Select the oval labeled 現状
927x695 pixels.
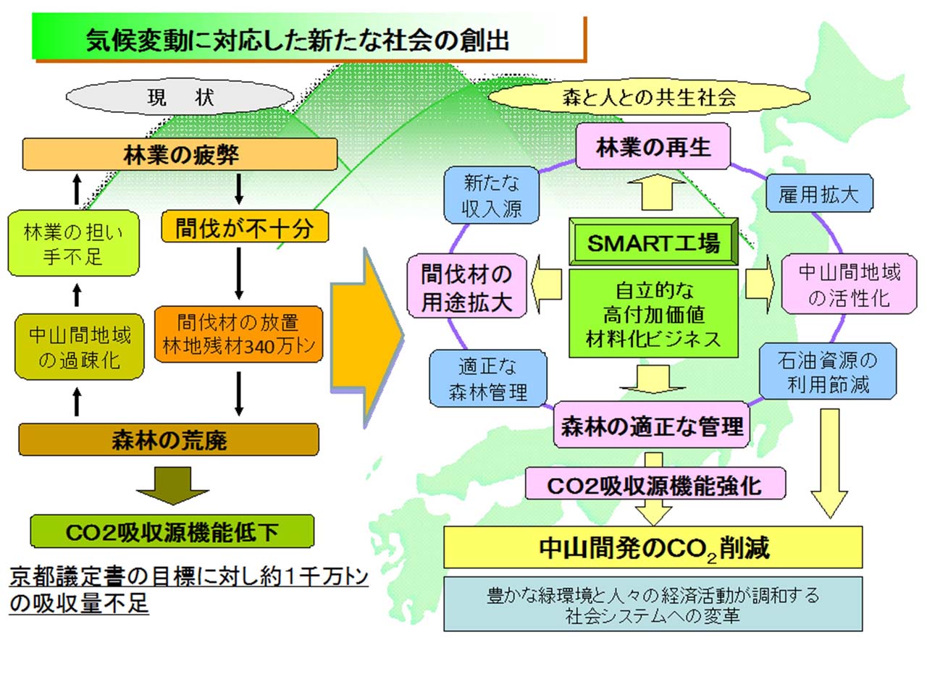[180, 97]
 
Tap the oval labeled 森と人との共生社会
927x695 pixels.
[649, 97]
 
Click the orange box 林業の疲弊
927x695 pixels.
[180, 154]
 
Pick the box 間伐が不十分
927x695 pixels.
[244, 227]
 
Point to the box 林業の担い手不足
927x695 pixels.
[73, 244]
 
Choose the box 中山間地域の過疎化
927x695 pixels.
[80, 347]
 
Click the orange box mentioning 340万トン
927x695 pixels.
[238, 334]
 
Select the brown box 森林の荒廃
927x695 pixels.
[169, 439]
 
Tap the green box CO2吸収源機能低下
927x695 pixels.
[172, 532]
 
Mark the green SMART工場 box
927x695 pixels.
[653, 243]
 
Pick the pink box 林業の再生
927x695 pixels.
[653, 147]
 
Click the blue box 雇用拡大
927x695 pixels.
[819, 194]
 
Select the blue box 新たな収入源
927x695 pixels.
[492, 195]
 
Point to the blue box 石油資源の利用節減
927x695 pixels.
[827, 371]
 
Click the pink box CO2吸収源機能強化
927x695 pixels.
[655, 485]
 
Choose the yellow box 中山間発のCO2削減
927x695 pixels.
[653, 548]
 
